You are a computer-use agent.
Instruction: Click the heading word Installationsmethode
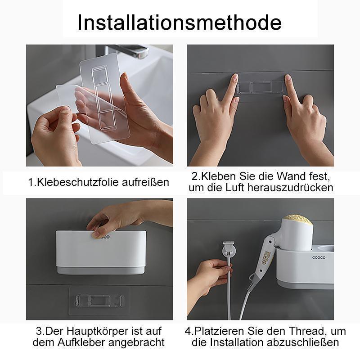pyautogui.click(x=179, y=22)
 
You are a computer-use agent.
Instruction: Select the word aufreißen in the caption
pyautogui.click(x=145, y=182)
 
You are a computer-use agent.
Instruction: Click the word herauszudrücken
pyautogui.click(x=290, y=187)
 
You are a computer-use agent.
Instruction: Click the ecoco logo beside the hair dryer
pyautogui.click(x=319, y=257)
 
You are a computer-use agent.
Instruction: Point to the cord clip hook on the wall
pyautogui.click(x=229, y=248)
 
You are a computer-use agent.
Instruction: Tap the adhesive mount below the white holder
pyautogui.click(x=99, y=301)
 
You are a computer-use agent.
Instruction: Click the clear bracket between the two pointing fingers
pyautogui.click(x=260, y=87)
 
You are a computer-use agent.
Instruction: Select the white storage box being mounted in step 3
pyautogui.click(x=101, y=252)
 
